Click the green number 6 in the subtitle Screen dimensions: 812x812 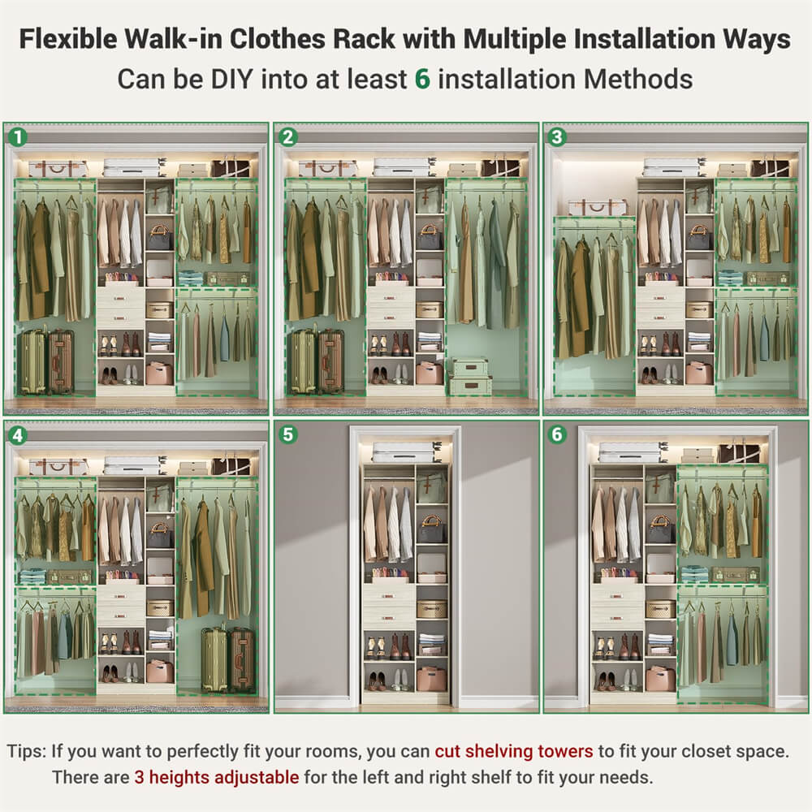point(421,79)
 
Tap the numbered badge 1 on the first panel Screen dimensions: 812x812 point(16,136)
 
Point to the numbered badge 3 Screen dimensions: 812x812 point(556,136)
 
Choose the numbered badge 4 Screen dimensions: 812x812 point(16,434)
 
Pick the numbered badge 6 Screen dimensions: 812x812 point(556,434)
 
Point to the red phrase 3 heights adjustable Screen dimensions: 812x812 point(216,777)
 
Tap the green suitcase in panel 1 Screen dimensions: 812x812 point(32,361)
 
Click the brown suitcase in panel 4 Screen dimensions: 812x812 point(242,659)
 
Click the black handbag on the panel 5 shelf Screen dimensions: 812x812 point(430,532)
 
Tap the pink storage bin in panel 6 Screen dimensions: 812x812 point(659,677)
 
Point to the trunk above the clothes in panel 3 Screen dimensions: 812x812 point(597,208)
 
